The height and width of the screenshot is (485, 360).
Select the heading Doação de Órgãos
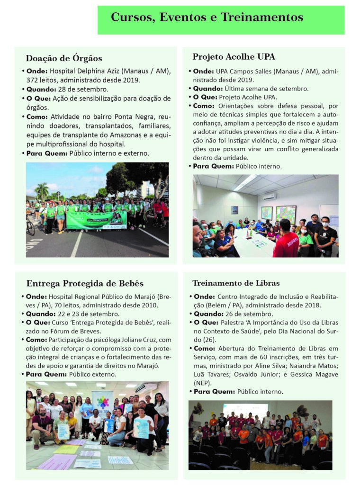64,59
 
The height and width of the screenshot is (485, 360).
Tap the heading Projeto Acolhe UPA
234,57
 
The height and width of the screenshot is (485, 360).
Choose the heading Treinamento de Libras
236,284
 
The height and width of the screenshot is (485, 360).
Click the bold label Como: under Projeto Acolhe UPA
204,106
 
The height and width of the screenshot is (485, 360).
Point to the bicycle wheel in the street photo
30,227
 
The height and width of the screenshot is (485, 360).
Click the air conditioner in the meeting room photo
270,197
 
